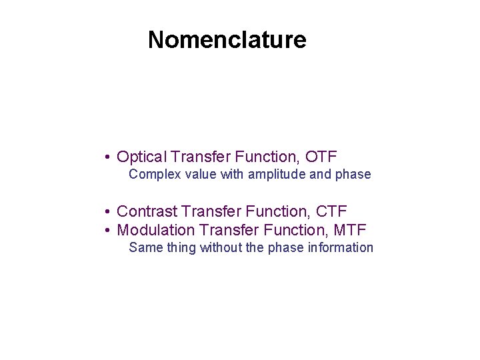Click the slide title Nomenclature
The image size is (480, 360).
point(227,40)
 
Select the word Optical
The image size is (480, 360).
point(141,157)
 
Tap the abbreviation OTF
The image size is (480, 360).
point(321,157)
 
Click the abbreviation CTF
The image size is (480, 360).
point(331,212)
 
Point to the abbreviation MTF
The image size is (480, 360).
point(349,231)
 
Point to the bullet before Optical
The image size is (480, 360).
point(107,158)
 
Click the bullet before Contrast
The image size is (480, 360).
point(107,213)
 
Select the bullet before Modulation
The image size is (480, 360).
point(107,231)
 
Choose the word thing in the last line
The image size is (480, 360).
point(179,248)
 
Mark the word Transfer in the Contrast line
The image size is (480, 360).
point(211,212)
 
